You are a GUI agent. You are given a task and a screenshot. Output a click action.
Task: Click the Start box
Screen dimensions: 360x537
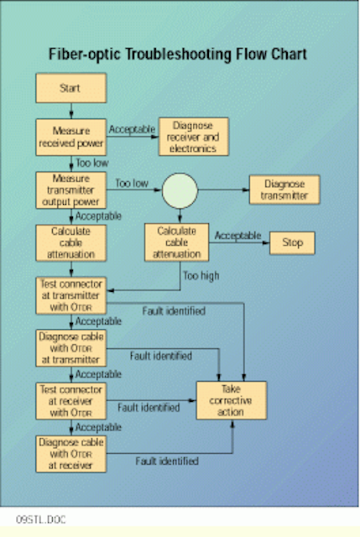[x=70, y=88]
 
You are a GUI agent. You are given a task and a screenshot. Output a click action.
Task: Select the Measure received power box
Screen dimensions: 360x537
[x=70, y=137]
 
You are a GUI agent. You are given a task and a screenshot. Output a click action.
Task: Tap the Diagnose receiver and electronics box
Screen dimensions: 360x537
[x=194, y=137]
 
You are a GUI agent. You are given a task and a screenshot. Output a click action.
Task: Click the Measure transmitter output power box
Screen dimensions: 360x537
[x=70, y=190]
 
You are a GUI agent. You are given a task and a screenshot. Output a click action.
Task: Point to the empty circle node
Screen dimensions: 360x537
[x=180, y=190]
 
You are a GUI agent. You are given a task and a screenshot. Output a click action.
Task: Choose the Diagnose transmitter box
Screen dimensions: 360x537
[x=284, y=190]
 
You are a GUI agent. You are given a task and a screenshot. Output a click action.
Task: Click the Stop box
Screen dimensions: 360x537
[x=292, y=242]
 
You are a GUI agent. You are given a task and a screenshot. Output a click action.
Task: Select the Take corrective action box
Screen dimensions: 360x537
[x=232, y=400]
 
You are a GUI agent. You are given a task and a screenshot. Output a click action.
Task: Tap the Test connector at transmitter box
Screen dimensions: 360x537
[x=70, y=295]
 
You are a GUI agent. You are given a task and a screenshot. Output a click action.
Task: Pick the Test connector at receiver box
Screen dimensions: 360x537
[x=70, y=401]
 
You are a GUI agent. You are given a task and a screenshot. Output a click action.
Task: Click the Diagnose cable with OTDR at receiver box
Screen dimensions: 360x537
[x=70, y=454]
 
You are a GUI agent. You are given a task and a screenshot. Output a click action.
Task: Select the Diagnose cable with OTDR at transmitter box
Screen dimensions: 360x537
[x=70, y=348]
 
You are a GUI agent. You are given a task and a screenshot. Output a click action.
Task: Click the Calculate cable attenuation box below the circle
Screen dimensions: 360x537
[x=177, y=242]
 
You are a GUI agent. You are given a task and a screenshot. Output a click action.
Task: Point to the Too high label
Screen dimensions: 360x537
[x=201, y=276]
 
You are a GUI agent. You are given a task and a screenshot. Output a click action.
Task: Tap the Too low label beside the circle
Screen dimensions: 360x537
[x=132, y=183]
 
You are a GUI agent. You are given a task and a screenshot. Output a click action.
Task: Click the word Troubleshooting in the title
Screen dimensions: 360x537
[x=178, y=55]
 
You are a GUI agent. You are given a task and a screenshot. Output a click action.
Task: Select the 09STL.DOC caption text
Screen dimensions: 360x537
[x=41, y=519]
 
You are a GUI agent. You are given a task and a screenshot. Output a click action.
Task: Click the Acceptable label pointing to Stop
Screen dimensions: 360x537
[x=237, y=236]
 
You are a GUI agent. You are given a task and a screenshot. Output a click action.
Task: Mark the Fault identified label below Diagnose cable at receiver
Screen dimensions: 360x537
[x=167, y=461]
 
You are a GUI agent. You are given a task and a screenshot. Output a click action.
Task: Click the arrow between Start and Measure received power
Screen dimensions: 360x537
[x=71, y=111]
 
